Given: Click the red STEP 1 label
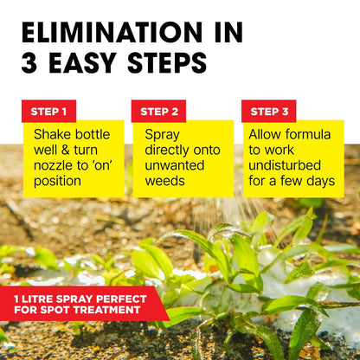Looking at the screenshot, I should tap(48, 111).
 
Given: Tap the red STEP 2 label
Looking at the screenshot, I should tap(158, 111).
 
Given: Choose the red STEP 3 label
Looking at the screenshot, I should tap(268, 111).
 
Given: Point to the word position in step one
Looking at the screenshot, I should tap(57, 182).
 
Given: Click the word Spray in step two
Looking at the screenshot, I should tap(162, 135).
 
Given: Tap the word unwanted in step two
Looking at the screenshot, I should tap(173, 166).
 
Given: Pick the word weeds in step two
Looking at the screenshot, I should tap(165, 182).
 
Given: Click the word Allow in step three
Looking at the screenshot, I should tap(266, 135).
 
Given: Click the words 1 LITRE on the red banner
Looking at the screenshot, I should tap(40, 298).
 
